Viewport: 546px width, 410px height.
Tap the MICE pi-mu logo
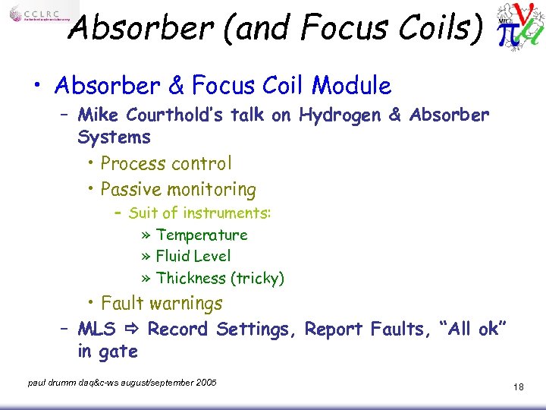[x=519, y=27]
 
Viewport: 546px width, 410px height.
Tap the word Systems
[x=114, y=137]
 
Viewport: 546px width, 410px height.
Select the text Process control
[x=166, y=163]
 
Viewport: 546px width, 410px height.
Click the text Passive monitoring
[x=178, y=189]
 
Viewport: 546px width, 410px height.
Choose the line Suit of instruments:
[x=199, y=213]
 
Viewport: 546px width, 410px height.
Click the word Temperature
[x=202, y=235]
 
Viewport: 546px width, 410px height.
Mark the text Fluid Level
[x=193, y=257]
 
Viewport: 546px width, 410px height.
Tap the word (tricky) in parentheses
[x=259, y=279]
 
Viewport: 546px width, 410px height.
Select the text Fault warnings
[x=162, y=303]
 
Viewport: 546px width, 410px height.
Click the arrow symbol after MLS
[x=132, y=330]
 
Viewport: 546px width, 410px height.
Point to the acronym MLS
[x=96, y=330]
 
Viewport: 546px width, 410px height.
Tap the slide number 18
[x=519, y=387]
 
